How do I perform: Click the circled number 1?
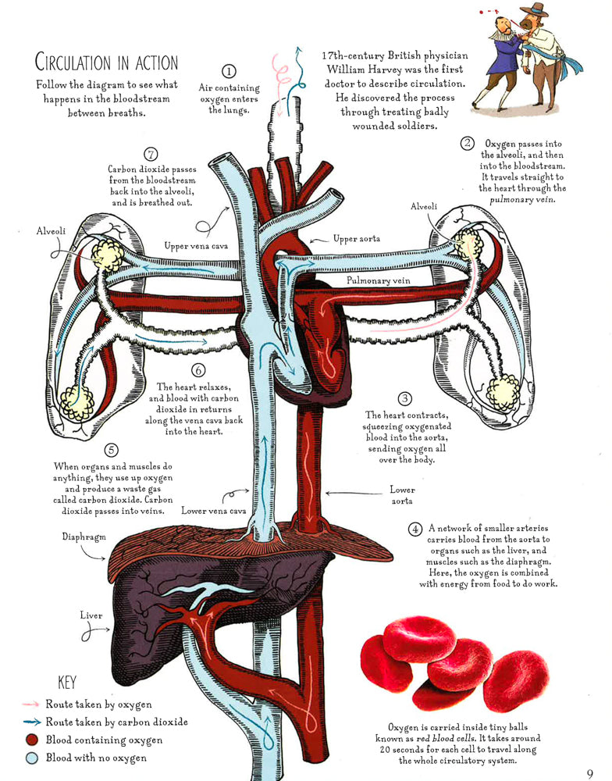coord(229,73)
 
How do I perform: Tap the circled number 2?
coord(467,143)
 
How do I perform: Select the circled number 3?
coord(405,398)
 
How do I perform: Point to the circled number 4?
coord(416,529)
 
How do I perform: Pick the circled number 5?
coord(111,451)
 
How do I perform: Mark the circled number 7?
coord(152,154)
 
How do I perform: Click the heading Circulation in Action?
coord(107,62)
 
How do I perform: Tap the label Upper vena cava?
coord(196,246)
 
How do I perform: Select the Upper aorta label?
coord(357,238)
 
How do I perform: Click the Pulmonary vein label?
coord(379,278)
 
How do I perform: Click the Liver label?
coord(91,615)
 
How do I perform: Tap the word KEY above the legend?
coord(68,682)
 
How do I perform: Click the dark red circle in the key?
coord(31,740)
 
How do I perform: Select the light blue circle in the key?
coord(31,758)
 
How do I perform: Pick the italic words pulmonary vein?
coord(521,200)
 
